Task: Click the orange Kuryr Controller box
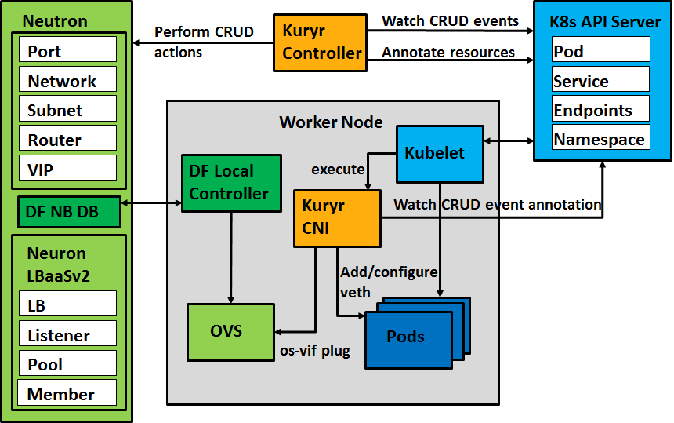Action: click(321, 43)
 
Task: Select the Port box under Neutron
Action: click(67, 51)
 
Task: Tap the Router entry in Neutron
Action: click(67, 140)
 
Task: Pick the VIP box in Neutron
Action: click(67, 169)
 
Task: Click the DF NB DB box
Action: click(69, 212)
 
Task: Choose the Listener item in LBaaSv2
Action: click(67, 335)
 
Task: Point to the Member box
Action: click(67, 394)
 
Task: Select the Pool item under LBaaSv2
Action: click(67, 364)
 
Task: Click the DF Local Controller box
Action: click(230, 184)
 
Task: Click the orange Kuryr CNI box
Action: click(337, 217)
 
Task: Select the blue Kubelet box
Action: click(440, 153)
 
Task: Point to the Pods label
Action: click(406, 337)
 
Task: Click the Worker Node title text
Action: click(331, 122)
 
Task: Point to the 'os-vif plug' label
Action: click(315, 352)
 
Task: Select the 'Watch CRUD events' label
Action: click(450, 20)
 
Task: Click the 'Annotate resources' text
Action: click(448, 53)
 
